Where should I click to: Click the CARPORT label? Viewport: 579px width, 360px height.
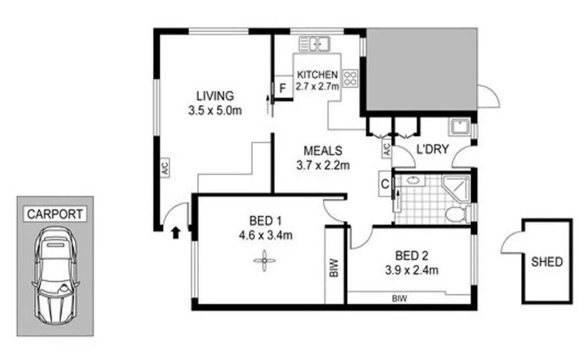point(55,214)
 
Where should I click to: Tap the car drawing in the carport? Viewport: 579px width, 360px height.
point(56,276)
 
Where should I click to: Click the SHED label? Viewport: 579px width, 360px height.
point(547,262)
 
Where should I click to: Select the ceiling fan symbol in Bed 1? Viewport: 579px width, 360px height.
point(265,261)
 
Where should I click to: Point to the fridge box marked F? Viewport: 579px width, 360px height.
point(283,88)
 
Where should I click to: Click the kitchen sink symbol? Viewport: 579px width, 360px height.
point(315,44)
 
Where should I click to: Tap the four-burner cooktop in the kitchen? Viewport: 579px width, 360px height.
point(350,78)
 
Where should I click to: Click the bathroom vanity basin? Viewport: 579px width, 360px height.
point(413,180)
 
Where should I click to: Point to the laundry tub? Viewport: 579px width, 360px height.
point(459,127)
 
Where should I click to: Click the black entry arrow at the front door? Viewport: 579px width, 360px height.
point(176,233)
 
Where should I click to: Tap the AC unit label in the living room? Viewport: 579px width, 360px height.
point(165,169)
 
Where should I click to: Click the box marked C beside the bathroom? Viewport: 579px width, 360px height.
point(385,184)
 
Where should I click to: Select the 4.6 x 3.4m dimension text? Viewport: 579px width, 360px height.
point(266,235)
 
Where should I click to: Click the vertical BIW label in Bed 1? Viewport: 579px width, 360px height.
point(333,268)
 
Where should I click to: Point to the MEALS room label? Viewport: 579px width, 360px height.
point(323,151)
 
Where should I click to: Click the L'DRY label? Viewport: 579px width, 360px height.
point(432,149)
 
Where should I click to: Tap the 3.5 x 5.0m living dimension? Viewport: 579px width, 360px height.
point(215,110)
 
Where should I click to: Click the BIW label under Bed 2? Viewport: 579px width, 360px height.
point(399,298)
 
